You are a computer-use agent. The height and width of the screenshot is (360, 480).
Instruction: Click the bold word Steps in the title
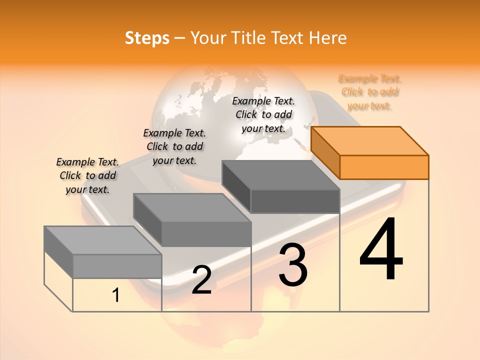[147, 38]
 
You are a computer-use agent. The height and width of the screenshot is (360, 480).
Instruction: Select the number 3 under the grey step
[293, 264]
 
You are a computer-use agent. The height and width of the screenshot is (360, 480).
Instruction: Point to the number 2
[201, 280]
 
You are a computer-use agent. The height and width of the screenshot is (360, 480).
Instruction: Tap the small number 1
[116, 295]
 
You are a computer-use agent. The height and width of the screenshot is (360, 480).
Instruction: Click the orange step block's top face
[370, 140]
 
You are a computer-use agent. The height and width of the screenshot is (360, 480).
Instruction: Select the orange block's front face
[384, 167]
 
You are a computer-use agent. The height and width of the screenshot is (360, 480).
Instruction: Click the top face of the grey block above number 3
[280, 174]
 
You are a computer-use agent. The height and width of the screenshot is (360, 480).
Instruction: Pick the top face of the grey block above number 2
[192, 207]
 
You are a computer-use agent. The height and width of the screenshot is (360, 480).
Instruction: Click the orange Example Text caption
[370, 92]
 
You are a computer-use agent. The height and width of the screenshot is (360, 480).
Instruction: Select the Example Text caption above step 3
[263, 114]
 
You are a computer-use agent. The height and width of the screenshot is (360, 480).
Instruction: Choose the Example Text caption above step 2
[174, 146]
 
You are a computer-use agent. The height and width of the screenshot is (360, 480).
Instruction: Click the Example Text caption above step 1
[87, 175]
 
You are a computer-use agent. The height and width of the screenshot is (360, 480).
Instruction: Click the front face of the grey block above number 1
[117, 266]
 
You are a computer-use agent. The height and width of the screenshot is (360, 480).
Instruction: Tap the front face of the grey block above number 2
[206, 234]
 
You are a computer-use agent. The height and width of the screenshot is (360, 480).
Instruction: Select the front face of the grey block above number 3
[295, 201]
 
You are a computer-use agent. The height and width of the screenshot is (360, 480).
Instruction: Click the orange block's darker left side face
[325, 152]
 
